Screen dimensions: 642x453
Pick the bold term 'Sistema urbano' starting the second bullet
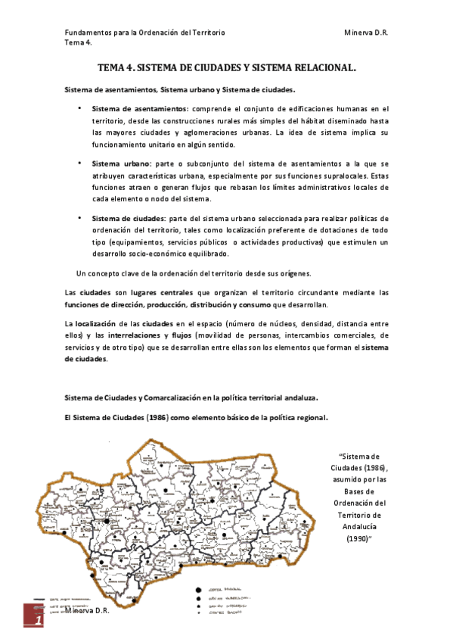pyautogui.click(x=120, y=163)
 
